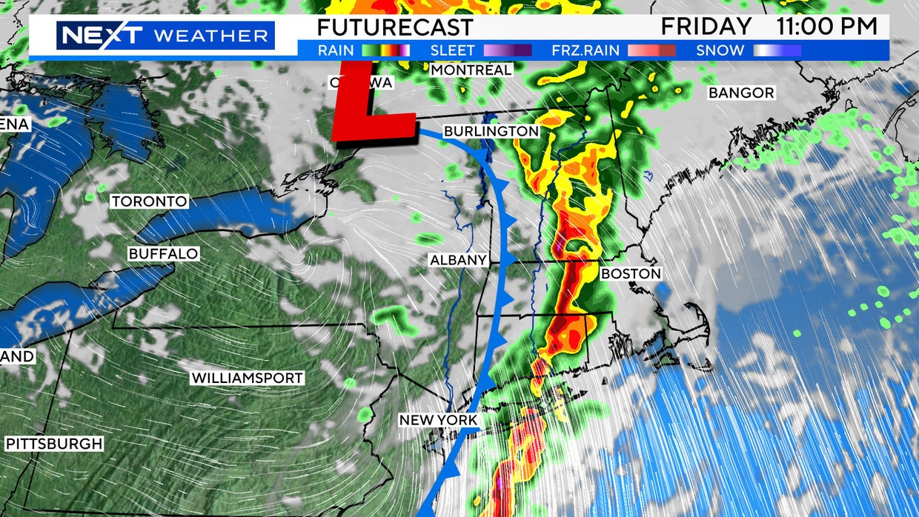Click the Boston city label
[x=630, y=273]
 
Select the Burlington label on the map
[x=491, y=131]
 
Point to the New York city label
[x=438, y=420]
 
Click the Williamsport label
[x=248, y=378]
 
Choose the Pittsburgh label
[x=54, y=444]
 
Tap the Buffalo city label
[x=163, y=254]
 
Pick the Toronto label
[x=149, y=201]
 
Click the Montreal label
[x=471, y=70]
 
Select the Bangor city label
[x=741, y=93]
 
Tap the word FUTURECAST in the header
[x=394, y=27]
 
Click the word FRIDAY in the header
[x=706, y=27]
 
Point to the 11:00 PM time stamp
[x=826, y=27]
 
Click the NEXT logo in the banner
[x=101, y=35]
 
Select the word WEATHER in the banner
[x=210, y=35]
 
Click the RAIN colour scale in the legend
[x=385, y=50]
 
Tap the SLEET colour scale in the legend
[x=507, y=50]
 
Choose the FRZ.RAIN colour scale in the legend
[x=651, y=50]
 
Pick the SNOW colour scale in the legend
[x=777, y=50]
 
